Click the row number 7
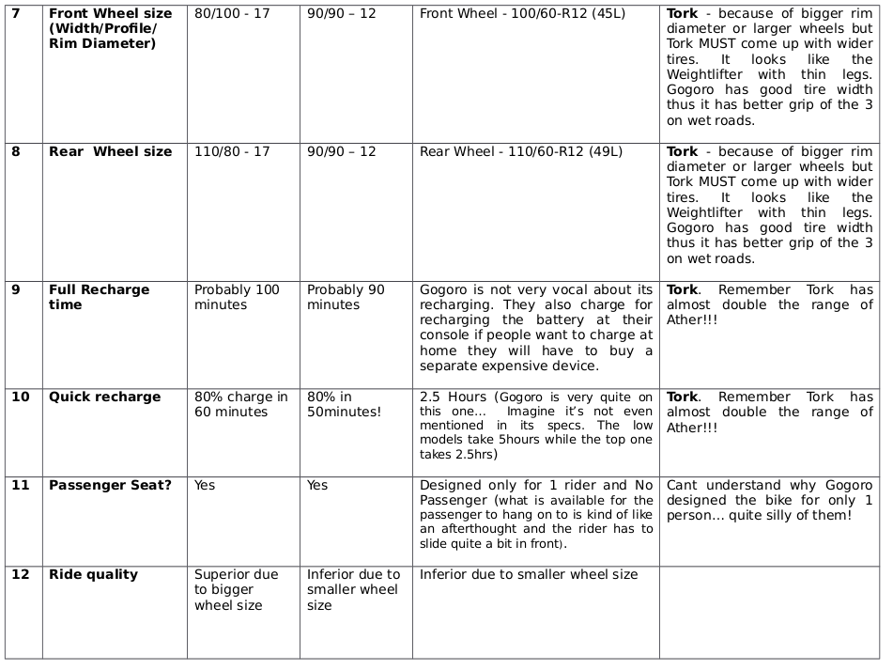coord(15,14)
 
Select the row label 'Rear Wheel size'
coord(110,152)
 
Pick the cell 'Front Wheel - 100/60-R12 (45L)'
coord(522,14)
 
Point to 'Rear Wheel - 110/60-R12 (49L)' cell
coord(521,152)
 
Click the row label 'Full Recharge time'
coord(99,297)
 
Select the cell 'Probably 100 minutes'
coord(237,297)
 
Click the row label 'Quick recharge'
coord(104,397)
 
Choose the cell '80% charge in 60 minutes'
coord(240,404)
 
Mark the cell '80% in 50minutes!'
coord(344,404)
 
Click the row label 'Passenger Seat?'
coord(110,486)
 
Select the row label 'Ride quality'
coord(93,575)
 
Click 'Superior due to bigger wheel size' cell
coord(231,590)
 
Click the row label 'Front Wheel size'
coord(110,14)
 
